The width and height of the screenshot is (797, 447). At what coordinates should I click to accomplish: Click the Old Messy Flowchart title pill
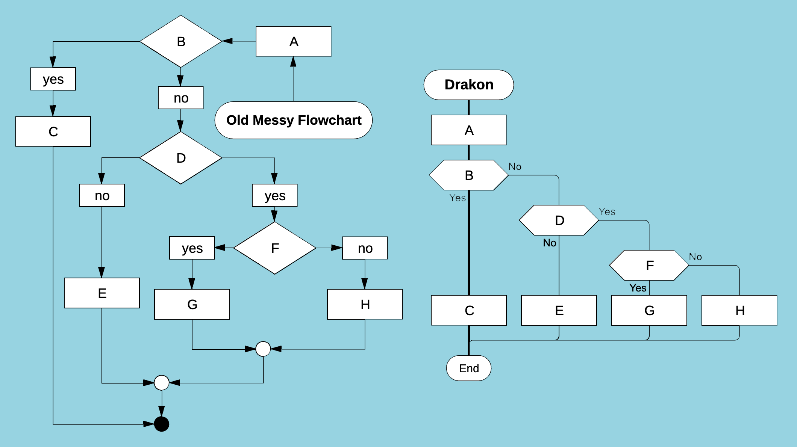pos(293,120)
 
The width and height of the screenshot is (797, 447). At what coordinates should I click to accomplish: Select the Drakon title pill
pos(468,85)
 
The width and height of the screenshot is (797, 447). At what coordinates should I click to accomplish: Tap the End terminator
pos(468,368)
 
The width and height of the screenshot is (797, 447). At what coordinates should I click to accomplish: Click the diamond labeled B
pos(181,41)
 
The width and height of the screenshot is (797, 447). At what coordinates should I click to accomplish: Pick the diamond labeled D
pos(181,158)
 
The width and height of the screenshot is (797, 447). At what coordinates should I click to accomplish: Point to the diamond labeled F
pos(275,248)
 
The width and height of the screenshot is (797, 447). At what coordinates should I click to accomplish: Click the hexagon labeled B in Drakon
pos(468,175)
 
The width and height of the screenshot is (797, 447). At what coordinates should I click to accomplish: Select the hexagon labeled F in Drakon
pos(649,265)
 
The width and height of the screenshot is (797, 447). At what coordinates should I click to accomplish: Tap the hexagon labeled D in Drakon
pos(559,220)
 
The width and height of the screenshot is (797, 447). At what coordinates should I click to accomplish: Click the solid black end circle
pos(162,424)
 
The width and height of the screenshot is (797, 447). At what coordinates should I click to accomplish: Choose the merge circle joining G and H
pos(263,349)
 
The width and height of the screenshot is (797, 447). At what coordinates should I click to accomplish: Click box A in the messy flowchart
pos(294,41)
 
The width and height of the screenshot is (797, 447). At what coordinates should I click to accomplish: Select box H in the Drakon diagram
pos(739,310)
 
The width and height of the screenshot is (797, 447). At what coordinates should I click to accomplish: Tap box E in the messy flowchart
pos(102,293)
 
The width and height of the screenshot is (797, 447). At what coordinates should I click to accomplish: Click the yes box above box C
pos(53,79)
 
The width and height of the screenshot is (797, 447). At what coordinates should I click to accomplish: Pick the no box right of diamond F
pos(365,248)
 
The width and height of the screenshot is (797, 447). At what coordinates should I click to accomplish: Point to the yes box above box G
pos(192,248)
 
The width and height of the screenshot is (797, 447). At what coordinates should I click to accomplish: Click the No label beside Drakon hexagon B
pos(515,166)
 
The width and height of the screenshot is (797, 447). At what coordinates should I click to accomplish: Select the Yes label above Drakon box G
pos(638,288)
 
